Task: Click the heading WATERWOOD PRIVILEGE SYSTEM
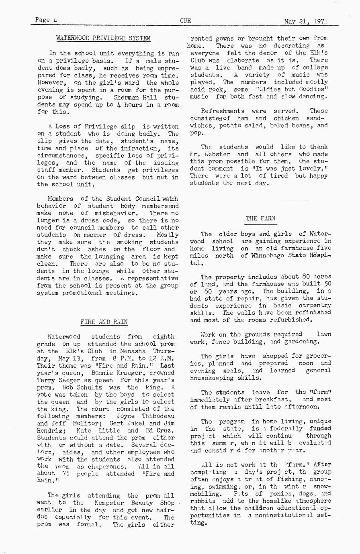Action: (103, 39)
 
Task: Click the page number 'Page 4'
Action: (46, 20)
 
